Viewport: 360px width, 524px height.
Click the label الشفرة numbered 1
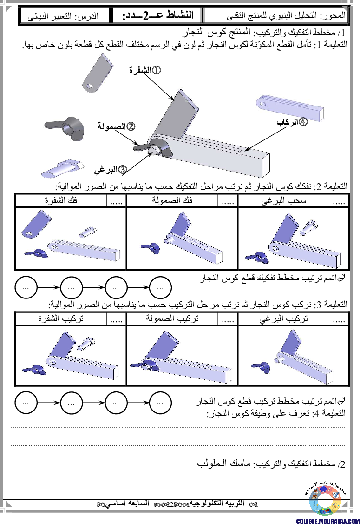coord(145,70)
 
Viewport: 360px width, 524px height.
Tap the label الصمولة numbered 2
coord(116,126)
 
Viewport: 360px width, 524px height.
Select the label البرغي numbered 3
coord(111,170)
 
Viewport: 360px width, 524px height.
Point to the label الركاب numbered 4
coord(292,122)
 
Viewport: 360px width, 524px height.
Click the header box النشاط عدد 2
coord(157,15)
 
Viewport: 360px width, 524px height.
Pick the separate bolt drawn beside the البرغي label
coord(63,168)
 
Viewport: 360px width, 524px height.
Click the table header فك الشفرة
coord(61,200)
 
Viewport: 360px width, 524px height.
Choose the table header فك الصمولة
coord(172,200)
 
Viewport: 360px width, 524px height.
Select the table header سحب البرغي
coord(283,200)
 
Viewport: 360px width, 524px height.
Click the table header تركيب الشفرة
coord(61,318)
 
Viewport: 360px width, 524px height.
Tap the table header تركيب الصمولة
coord(172,318)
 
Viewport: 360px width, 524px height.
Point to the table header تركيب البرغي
coord(283,319)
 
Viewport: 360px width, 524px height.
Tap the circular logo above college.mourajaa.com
coord(325,500)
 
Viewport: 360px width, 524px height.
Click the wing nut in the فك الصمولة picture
coord(151,248)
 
